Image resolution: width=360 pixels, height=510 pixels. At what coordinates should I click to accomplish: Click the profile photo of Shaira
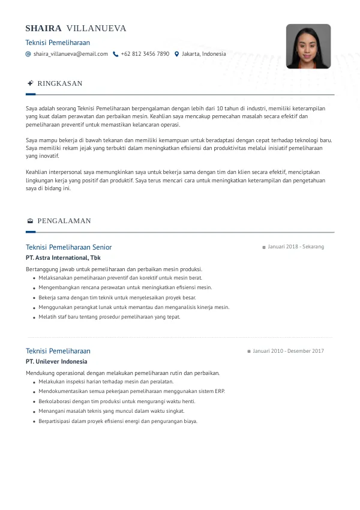click(308, 46)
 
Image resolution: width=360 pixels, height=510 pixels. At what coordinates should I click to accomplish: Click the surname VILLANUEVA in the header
click(97, 28)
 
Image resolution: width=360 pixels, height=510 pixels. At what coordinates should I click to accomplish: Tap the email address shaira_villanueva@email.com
click(71, 54)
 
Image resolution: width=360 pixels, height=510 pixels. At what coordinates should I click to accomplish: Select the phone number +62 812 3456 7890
click(145, 54)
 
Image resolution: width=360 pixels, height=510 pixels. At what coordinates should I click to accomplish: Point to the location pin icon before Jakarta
click(176, 54)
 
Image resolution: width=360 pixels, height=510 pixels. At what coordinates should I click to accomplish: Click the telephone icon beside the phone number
click(115, 54)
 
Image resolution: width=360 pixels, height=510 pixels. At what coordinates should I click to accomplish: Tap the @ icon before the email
click(28, 54)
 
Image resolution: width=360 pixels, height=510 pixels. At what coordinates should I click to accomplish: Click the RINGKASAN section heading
click(60, 83)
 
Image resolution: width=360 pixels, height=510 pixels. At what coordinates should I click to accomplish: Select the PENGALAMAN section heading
click(64, 221)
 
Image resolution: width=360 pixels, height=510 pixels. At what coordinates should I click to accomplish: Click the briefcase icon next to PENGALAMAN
click(30, 221)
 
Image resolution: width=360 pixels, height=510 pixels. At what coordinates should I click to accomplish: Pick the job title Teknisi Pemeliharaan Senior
click(68, 247)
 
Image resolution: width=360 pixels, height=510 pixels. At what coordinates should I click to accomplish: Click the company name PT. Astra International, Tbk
click(63, 257)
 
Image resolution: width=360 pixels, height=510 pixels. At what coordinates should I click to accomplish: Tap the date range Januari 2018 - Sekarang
click(296, 247)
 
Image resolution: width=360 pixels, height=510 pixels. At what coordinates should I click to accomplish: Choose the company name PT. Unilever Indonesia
click(56, 362)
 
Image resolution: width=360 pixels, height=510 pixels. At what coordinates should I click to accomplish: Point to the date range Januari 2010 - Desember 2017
click(288, 351)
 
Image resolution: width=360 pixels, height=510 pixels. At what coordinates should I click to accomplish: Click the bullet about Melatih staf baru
click(109, 317)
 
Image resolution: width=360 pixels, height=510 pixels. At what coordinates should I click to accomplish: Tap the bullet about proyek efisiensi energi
click(118, 421)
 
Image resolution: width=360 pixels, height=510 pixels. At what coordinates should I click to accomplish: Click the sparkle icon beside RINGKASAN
click(30, 83)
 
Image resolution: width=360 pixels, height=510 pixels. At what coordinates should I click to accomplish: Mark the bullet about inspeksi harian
click(106, 382)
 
